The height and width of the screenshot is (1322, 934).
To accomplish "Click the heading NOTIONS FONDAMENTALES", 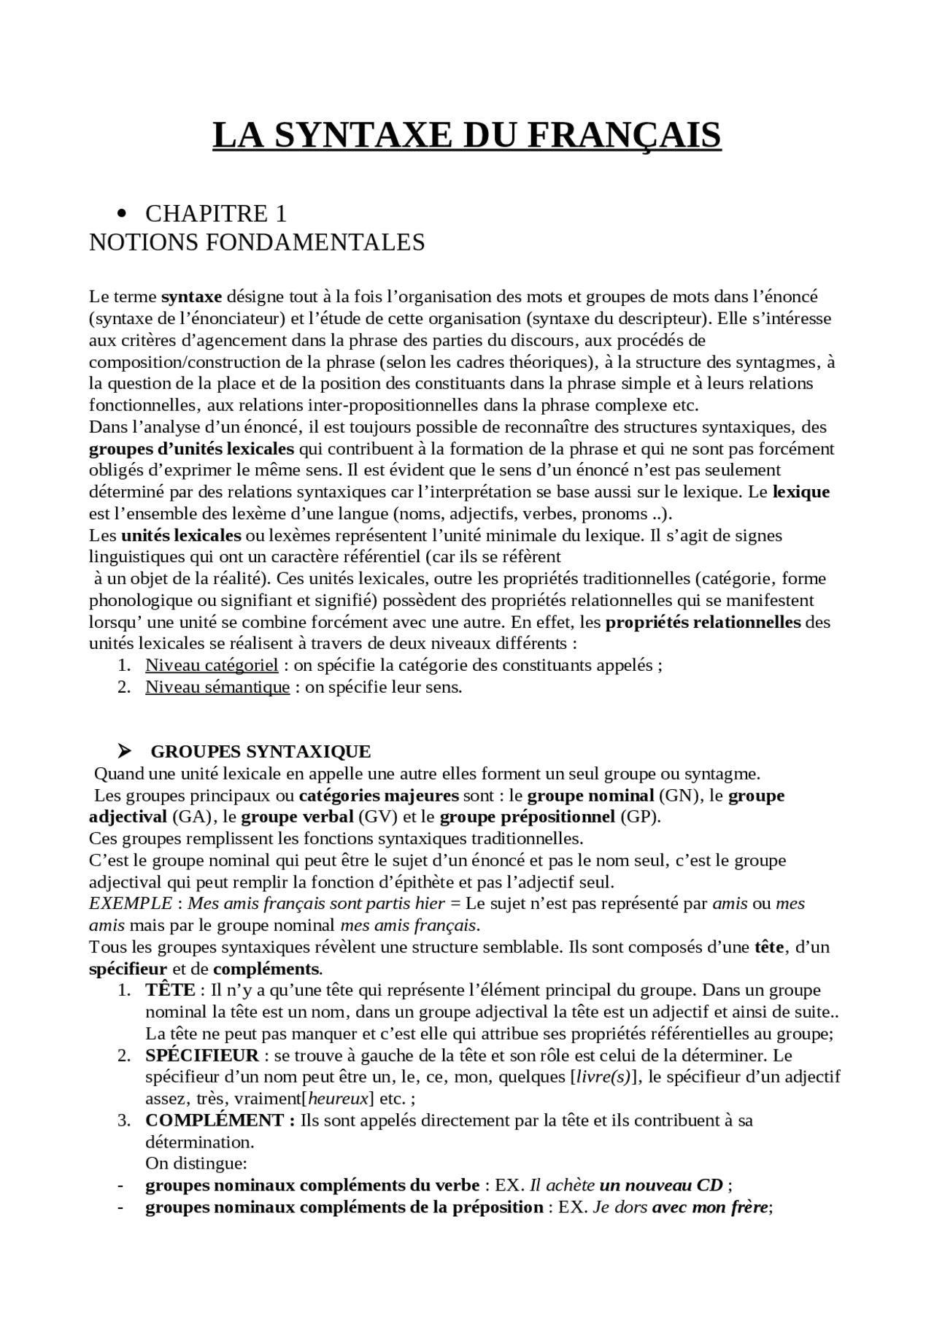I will (257, 242).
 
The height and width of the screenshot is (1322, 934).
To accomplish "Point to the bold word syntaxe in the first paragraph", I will (191, 297).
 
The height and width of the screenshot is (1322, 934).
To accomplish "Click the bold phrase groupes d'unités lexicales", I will (191, 448).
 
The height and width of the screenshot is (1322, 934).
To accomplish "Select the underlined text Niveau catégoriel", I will (212, 665).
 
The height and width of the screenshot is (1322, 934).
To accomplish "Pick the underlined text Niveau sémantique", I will (217, 687).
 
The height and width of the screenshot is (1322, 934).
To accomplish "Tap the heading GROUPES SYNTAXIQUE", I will (260, 751).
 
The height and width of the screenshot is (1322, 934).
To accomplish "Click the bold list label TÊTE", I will (169, 991).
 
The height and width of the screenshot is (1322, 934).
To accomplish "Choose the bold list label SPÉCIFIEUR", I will (202, 1056).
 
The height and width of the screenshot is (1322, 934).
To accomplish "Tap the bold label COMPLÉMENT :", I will (220, 1121).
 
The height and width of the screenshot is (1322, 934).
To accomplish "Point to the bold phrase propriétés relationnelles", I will (703, 623).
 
